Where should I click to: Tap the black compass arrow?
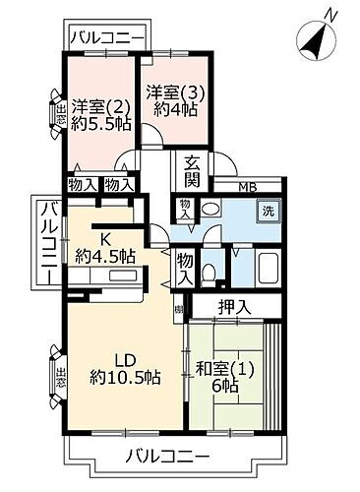pos(317,40)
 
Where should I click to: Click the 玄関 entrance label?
pos(193,172)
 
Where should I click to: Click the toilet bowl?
pos(209,273)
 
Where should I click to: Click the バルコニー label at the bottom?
pos(168,457)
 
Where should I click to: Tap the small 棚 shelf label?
pos(178,312)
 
